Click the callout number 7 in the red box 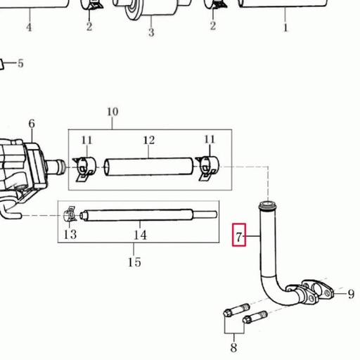239,237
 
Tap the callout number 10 112,112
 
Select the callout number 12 149,140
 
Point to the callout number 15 134,262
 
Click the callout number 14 140,235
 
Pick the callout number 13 70,234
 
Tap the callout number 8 233,347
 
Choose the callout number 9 351,294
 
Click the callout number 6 32,124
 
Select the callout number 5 20,63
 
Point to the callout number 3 151,32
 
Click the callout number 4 29,27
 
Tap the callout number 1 285,27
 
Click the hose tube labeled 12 149,167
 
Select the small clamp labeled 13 70,214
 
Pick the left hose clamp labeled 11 84,168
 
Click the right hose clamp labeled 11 207,168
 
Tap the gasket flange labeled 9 319,290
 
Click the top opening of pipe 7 268,203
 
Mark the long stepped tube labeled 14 148,215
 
